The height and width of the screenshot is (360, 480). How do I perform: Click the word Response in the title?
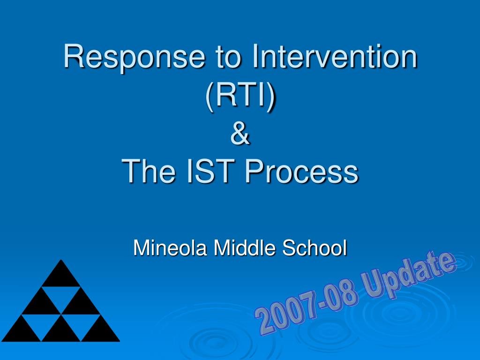(134, 58)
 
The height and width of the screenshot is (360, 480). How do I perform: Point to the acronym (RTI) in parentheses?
(240, 96)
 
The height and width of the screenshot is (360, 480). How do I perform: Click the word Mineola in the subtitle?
(170, 247)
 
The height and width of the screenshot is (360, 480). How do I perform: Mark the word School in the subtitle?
(315, 247)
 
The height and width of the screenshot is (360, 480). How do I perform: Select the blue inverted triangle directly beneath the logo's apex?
(61, 296)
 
